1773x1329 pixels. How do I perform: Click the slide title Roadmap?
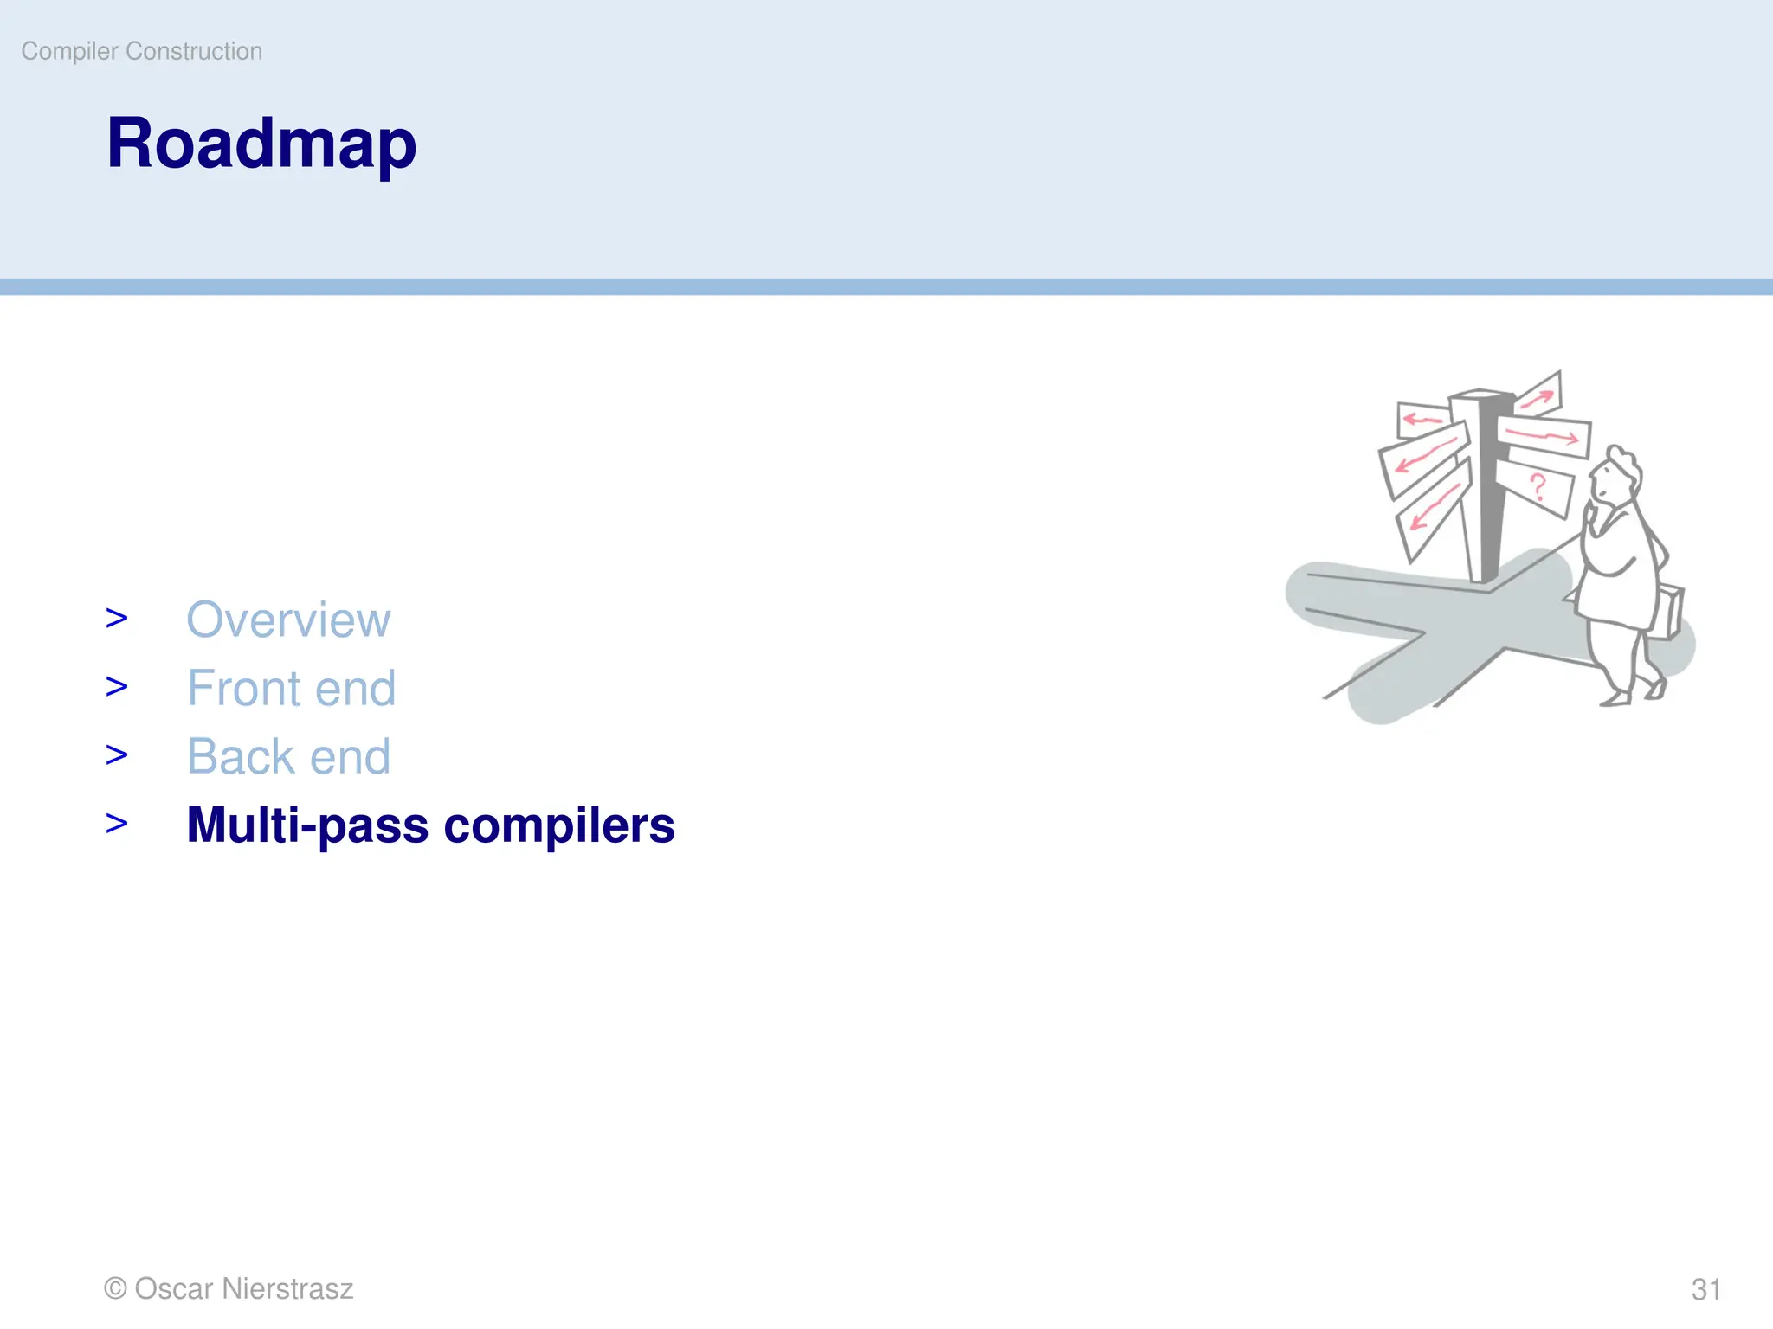click(x=261, y=144)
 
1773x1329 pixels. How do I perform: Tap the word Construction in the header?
click(x=194, y=51)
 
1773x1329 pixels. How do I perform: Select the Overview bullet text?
click(x=288, y=620)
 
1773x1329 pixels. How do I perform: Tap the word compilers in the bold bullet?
click(x=559, y=825)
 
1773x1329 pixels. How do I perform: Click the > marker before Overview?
click(x=116, y=619)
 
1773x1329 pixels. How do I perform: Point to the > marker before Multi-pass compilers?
click(x=116, y=824)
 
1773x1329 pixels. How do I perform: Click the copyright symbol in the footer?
click(x=115, y=1288)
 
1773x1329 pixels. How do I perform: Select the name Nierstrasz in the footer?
click(x=287, y=1288)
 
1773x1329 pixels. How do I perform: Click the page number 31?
click(x=1705, y=1289)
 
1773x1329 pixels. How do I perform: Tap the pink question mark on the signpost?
click(x=1538, y=487)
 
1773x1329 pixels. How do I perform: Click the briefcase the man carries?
click(x=1668, y=613)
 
